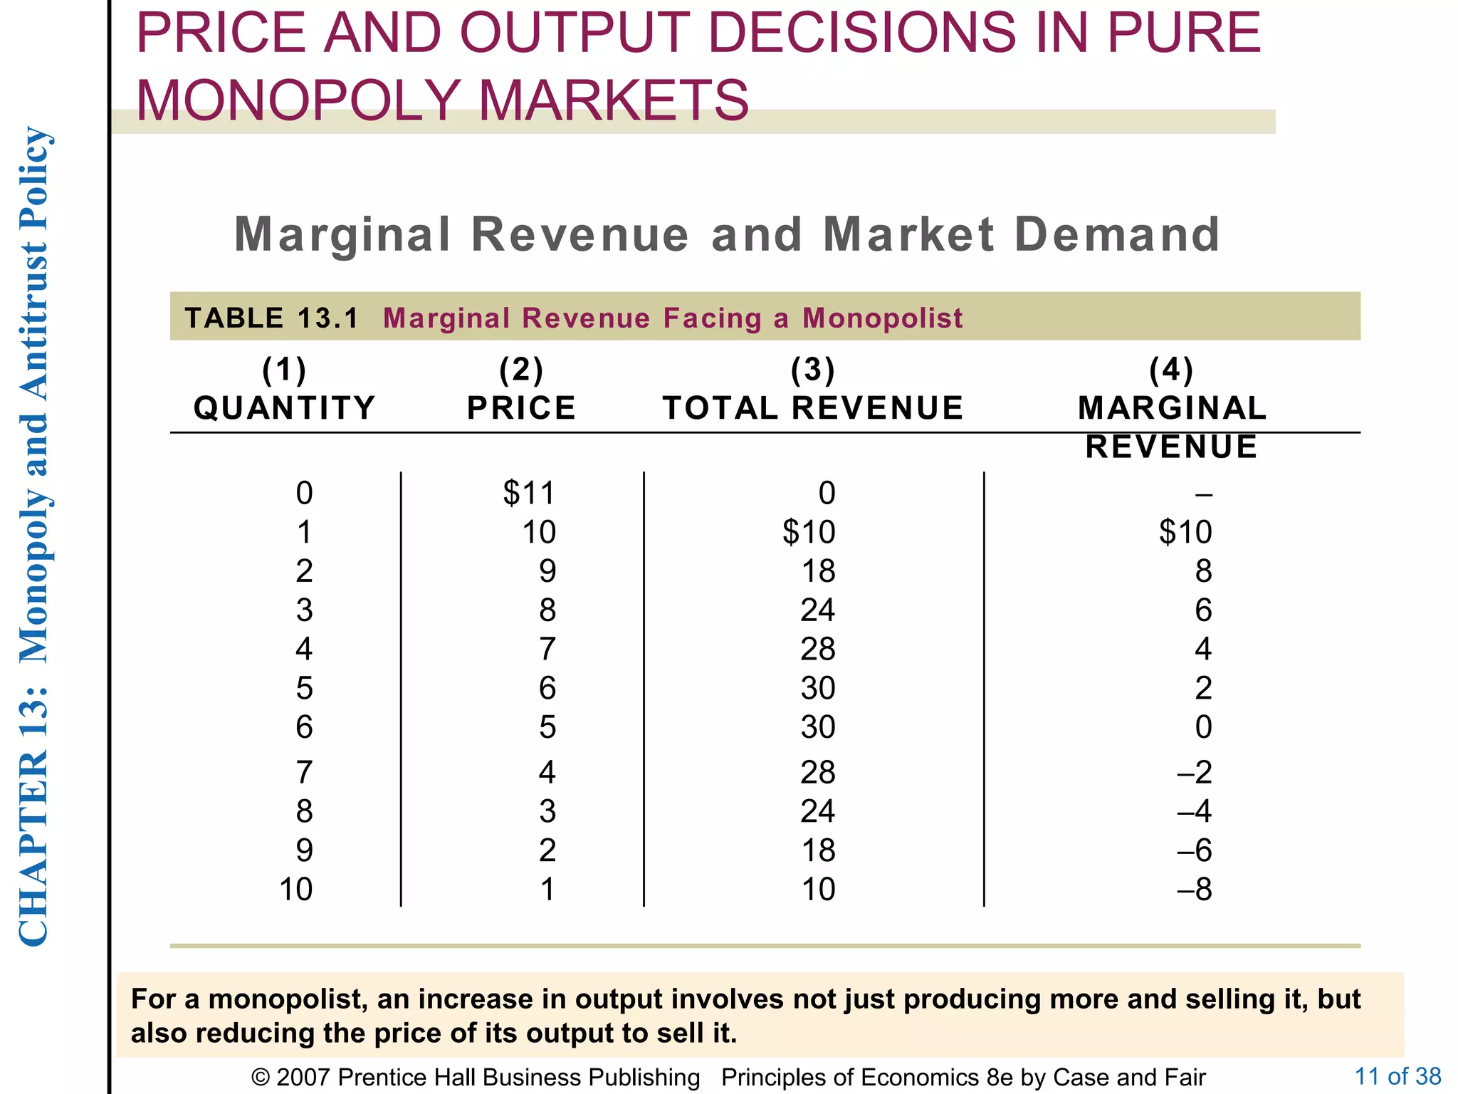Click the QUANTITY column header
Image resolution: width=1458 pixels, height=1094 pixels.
click(284, 408)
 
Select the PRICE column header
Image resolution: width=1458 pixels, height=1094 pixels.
click(521, 408)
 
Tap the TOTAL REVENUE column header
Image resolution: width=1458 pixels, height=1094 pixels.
click(813, 408)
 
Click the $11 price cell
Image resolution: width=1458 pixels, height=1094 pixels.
click(528, 493)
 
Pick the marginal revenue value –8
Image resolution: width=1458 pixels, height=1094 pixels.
click(1195, 890)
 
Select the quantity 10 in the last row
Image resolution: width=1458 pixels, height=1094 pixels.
click(295, 890)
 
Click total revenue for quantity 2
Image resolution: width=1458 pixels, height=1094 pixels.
click(818, 571)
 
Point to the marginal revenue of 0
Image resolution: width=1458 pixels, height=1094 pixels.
click(1203, 727)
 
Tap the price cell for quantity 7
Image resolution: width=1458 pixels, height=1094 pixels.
click(547, 772)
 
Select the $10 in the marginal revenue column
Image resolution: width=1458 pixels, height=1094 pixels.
click(1185, 532)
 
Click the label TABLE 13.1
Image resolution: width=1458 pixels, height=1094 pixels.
click(272, 318)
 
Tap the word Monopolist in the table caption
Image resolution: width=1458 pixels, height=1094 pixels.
click(882, 318)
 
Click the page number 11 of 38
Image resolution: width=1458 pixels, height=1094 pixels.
click(1397, 1075)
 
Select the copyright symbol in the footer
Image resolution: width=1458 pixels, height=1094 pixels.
click(261, 1078)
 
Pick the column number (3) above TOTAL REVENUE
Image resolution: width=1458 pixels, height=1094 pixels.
click(813, 370)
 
